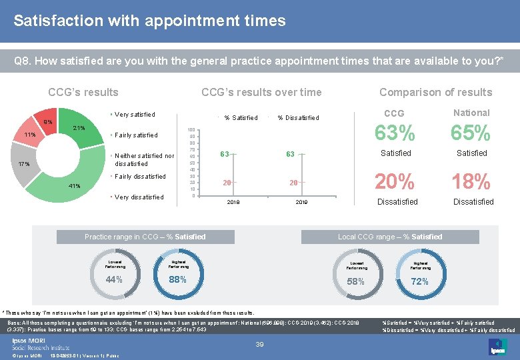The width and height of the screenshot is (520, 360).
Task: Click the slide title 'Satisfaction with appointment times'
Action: coord(149,21)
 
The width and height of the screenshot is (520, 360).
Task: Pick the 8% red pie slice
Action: coord(47,121)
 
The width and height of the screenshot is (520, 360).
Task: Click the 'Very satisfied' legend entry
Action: coord(135,115)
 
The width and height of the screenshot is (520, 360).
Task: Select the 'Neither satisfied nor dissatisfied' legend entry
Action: coord(144,159)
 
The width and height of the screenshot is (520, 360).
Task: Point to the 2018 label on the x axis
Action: coord(233,201)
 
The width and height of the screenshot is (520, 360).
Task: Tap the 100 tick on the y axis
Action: coord(191,130)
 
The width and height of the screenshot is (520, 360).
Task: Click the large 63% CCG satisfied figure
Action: coord(395,133)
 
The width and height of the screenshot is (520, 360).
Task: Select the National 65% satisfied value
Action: coord(471,133)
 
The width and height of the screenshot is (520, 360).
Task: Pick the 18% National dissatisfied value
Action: coord(471,181)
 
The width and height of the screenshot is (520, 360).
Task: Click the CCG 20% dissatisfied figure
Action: coord(395,181)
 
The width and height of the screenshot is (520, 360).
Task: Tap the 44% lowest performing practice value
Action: coord(114,279)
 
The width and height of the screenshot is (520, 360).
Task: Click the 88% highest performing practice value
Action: coord(177,279)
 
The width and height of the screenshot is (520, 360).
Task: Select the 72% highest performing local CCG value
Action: coord(419,281)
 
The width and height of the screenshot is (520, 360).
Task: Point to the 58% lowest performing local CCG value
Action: coord(356,281)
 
